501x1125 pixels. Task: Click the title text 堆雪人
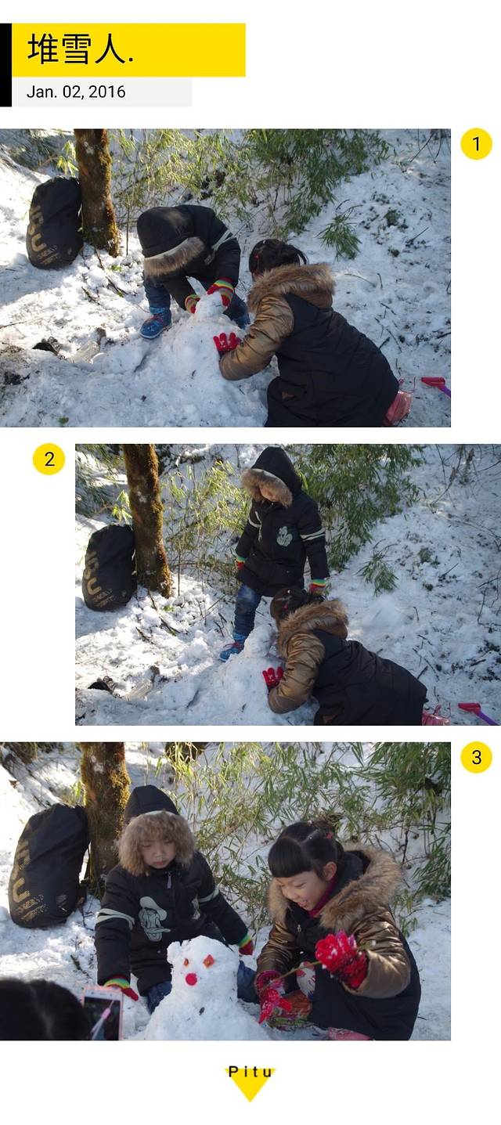[x=81, y=49]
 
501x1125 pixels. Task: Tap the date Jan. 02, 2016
[x=76, y=92]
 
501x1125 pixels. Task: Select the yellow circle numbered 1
[x=476, y=144]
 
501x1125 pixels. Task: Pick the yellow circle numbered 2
[x=49, y=459]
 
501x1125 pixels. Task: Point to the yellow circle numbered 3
[x=476, y=757]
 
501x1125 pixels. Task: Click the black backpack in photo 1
[x=55, y=222]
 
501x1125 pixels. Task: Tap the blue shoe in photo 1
[x=156, y=324]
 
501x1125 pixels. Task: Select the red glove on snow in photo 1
[x=226, y=343]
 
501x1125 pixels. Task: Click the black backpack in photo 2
[x=110, y=568]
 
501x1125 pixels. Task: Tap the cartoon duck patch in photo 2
[x=285, y=536]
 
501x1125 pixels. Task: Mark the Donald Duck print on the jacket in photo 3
[x=153, y=918]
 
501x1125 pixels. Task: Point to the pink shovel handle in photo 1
[x=436, y=384]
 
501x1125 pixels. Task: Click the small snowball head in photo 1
[x=208, y=306]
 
